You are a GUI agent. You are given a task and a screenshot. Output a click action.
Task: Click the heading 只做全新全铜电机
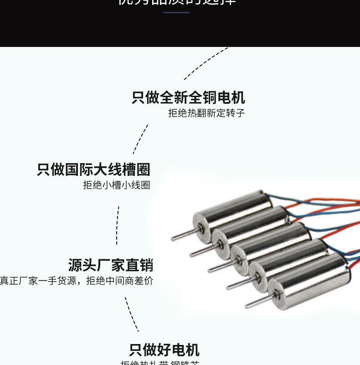pos(188,98)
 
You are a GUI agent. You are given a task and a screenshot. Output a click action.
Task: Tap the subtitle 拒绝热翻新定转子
pos(206,113)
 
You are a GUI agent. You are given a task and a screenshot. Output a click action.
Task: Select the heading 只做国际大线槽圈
pos(93,170)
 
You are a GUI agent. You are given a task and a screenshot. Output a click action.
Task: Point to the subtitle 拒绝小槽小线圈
pos(116,185)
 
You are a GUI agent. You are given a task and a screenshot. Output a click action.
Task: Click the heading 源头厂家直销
pos(110,265)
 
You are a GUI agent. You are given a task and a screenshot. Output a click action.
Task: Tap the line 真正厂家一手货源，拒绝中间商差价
pos(77,281)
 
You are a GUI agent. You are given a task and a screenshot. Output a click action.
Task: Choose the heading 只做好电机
pos(164,350)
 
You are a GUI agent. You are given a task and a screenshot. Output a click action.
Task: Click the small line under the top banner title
pos(176,12)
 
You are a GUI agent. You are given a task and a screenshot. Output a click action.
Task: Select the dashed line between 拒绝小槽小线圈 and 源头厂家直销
pos(117,226)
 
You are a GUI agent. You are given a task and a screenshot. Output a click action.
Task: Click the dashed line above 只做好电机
pos(132,314)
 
